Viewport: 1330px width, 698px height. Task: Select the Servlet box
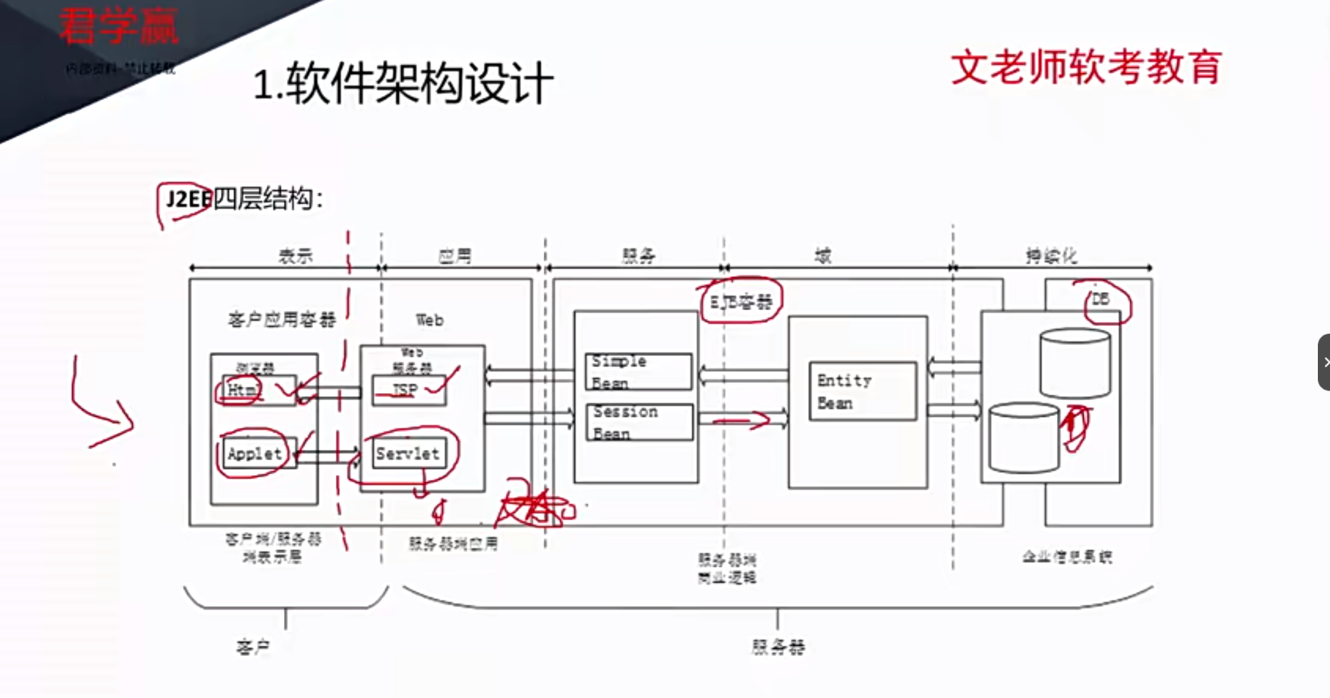pyautogui.click(x=408, y=454)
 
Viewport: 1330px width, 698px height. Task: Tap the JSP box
pyautogui.click(x=408, y=390)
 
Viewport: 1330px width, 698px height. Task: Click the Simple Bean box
pyautogui.click(x=638, y=371)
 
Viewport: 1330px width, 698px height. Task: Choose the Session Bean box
pyautogui.click(x=639, y=422)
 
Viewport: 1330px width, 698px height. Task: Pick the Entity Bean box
pyautogui.click(x=862, y=391)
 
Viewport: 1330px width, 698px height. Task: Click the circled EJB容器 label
pyautogui.click(x=741, y=301)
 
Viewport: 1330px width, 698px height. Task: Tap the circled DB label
pyautogui.click(x=1100, y=299)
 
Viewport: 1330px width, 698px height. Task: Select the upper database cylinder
pyautogui.click(x=1075, y=364)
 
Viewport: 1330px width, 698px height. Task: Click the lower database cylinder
pyautogui.click(x=1023, y=438)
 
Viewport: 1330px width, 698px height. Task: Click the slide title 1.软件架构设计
pyautogui.click(x=403, y=84)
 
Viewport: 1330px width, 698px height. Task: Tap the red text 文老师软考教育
pyautogui.click(x=1086, y=68)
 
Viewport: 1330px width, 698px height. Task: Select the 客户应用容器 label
pyautogui.click(x=281, y=319)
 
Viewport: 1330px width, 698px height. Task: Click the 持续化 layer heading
pyautogui.click(x=1051, y=256)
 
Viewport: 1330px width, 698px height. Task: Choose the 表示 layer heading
pyautogui.click(x=295, y=256)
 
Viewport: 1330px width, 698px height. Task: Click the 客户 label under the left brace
pyautogui.click(x=253, y=647)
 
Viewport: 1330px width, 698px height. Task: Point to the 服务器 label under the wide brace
pyautogui.click(x=778, y=647)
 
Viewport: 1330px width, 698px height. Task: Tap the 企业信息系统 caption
pyautogui.click(x=1067, y=557)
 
